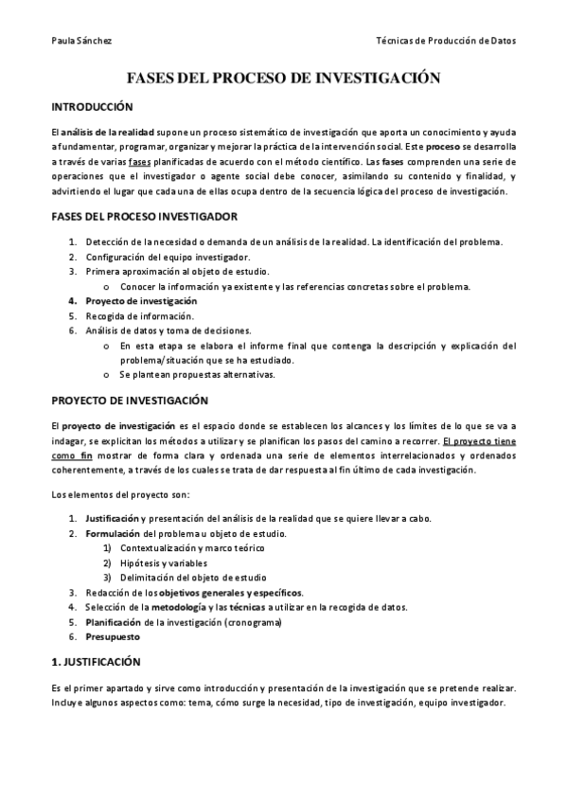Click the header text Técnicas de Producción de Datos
point(446,41)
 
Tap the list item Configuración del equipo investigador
point(168,257)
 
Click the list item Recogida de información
point(139,315)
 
